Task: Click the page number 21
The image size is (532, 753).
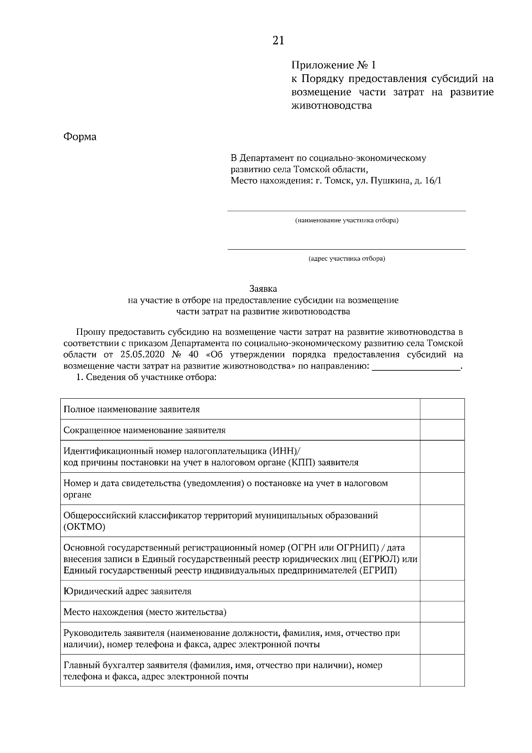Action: coord(278,41)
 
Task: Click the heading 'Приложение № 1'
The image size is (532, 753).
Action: coord(333,66)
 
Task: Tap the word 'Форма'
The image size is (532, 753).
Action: coord(80,137)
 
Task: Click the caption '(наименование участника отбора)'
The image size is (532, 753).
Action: coord(347,220)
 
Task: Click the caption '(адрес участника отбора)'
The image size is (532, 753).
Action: coord(347,259)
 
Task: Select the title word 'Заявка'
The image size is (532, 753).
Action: coord(263,289)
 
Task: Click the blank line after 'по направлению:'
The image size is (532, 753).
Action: coord(416,367)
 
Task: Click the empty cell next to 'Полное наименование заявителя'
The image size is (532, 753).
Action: coord(442,409)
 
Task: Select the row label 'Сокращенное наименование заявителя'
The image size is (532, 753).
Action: coord(145,430)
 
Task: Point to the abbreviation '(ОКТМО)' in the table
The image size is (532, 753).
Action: coord(85,527)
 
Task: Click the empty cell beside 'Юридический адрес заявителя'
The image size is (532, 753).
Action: coord(442,591)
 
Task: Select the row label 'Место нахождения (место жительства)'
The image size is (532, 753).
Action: coord(145,612)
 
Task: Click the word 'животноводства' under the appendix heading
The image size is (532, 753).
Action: coord(332,106)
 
